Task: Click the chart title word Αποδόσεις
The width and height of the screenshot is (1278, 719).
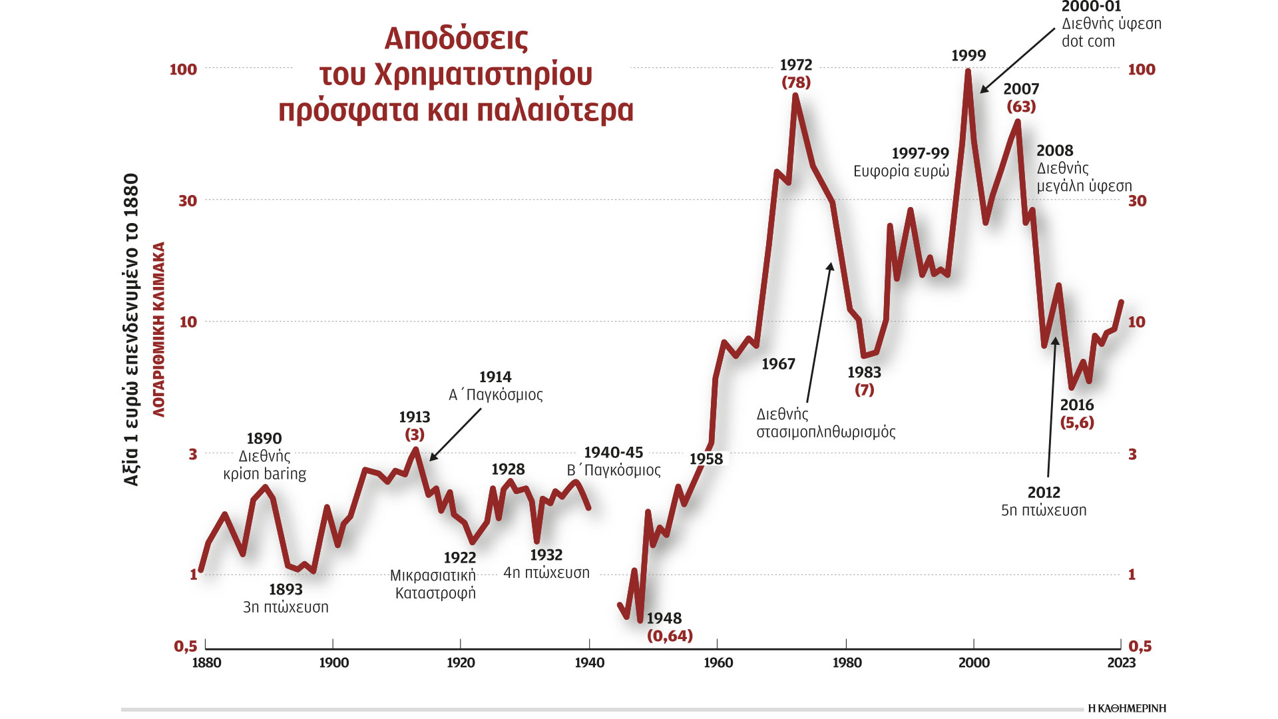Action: coord(456,39)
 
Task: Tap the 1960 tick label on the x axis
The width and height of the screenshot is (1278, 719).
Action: coord(718,662)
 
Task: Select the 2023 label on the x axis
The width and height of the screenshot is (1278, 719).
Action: coord(1121,662)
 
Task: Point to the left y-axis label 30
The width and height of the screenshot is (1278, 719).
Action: coord(188,200)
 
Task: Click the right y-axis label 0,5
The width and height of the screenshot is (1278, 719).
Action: coord(1140,646)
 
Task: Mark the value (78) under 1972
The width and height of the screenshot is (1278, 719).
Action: coord(796,83)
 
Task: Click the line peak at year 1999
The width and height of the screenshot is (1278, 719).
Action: coord(968,71)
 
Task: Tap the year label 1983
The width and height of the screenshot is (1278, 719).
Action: coord(864,372)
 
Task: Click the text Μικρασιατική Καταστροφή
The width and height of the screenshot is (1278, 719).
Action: coord(433,584)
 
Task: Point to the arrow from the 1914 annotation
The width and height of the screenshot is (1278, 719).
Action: coord(455,435)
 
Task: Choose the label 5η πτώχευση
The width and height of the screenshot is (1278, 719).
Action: coord(1044,511)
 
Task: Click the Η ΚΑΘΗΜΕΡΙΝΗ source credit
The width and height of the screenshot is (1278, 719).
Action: coord(1126,708)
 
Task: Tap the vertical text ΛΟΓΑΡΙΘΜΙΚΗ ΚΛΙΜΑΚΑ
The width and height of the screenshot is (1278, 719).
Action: coord(159,330)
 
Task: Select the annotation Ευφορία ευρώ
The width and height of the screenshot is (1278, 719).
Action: coord(901,171)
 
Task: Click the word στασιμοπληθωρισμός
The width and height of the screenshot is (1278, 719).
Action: coord(825,432)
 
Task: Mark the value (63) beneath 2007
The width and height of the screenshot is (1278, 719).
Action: coord(1021,107)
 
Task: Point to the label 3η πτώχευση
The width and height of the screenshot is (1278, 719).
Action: coord(286,607)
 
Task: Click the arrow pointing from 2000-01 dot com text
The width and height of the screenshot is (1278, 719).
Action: coord(1018,61)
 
